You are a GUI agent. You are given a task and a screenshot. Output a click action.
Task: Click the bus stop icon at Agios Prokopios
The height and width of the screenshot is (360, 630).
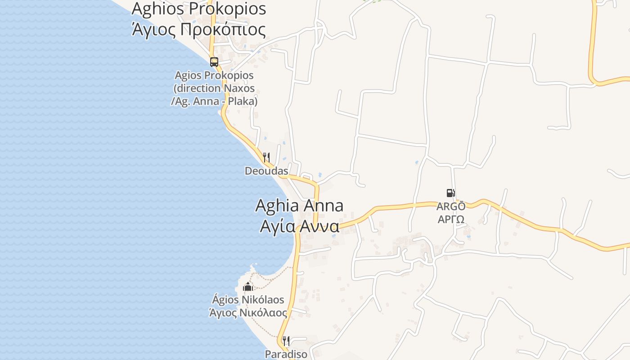coord(214,62)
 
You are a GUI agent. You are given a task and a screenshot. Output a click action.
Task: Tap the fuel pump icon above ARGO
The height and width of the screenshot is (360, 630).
coord(450,193)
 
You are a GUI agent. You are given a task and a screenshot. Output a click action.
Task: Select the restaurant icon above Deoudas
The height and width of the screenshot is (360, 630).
coord(266,157)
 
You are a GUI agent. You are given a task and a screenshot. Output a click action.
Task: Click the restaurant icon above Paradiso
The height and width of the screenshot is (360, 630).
coord(286,341)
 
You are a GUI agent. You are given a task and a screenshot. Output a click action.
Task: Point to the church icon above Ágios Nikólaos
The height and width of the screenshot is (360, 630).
coord(248,287)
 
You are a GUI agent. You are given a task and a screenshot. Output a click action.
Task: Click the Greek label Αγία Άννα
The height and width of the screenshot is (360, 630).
coord(299,226)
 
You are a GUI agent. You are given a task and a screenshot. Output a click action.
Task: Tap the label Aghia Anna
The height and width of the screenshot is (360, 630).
coord(299,206)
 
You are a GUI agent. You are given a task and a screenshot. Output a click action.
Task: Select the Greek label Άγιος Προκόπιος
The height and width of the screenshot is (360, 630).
coord(198,29)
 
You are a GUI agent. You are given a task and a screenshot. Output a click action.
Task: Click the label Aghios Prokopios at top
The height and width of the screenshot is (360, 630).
coord(198,9)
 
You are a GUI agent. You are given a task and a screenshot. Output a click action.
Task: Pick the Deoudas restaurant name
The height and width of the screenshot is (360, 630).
coord(266,171)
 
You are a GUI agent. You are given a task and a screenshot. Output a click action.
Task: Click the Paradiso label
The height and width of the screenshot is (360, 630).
coord(286,354)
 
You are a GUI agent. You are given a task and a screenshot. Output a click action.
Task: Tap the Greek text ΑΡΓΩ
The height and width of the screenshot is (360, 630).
coord(451,220)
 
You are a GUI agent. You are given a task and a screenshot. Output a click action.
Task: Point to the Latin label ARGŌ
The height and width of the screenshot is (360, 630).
coord(451,207)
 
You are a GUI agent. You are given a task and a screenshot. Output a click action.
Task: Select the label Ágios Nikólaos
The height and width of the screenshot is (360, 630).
coord(248,300)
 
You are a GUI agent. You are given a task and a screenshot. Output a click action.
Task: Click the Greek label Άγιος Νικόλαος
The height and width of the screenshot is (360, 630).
coord(248,312)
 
